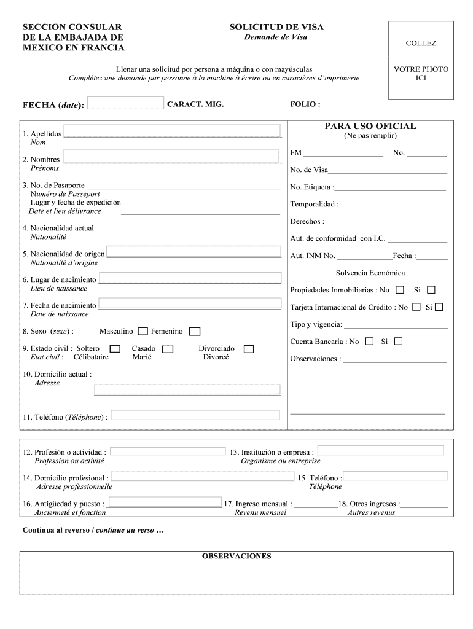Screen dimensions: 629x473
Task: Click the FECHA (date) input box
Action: click(x=126, y=103)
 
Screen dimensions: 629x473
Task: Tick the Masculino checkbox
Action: click(x=143, y=332)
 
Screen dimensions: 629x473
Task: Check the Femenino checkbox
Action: click(x=195, y=332)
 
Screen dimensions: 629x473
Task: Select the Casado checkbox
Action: click(x=168, y=350)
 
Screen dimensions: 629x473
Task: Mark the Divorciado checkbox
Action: click(x=249, y=349)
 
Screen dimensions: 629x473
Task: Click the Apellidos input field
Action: click(x=173, y=131)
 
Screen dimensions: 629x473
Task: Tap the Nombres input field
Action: click(x=173, y=156)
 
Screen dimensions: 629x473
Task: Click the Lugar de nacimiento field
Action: click(x=190, y=278)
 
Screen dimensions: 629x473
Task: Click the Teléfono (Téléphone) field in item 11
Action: click(x=196, y=415)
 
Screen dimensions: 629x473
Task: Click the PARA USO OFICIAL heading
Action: click(x=370, y=127)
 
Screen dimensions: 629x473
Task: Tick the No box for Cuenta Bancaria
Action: click(x=369, y=341)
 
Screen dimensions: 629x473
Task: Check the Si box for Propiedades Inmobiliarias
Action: click(x=431, y=289)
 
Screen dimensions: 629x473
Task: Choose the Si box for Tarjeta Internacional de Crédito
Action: click(x=439, y=307)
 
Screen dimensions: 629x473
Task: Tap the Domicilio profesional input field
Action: click(x=202, y=477)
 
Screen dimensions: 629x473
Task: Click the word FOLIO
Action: click(x=305, y=104)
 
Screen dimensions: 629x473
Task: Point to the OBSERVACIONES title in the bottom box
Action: click(x=237, y=557)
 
